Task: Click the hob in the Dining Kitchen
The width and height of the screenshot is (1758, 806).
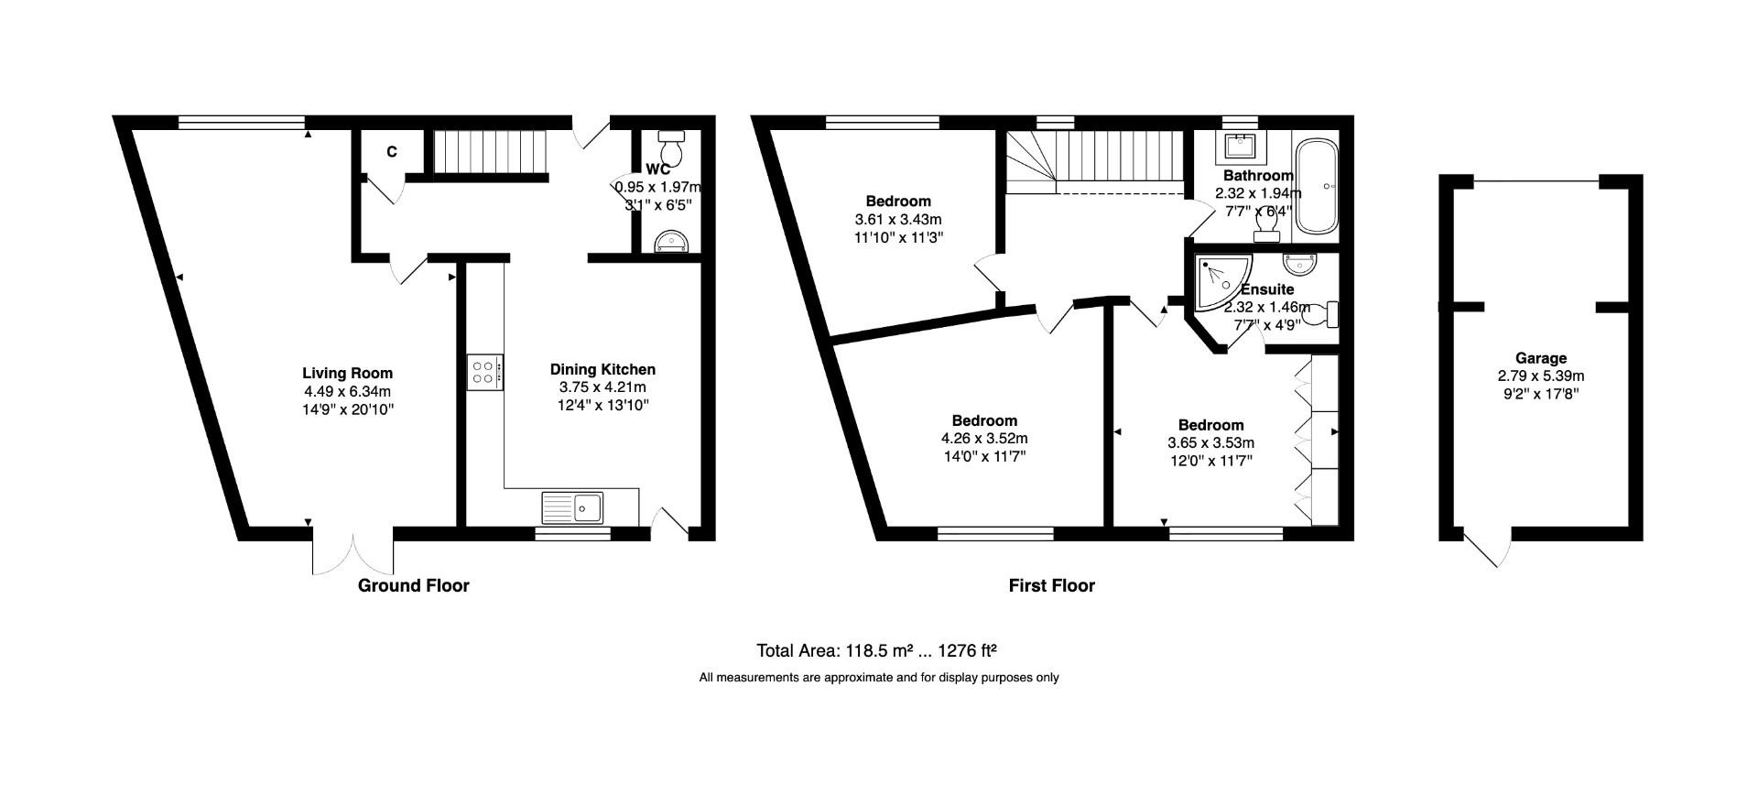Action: (484, 372)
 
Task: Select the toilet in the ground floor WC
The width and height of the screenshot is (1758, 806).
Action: (671, 146)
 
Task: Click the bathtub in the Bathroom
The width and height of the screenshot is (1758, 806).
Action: (1317, 186)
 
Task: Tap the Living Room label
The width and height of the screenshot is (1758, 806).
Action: (347, 373)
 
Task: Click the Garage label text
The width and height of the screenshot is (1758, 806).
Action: (1541, 358)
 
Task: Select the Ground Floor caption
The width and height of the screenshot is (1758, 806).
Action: (413, 585)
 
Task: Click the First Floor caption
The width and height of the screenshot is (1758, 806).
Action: (1051, 585)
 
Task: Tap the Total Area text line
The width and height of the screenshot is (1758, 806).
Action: (875, 651)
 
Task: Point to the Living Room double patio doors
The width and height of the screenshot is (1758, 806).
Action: (353, 551)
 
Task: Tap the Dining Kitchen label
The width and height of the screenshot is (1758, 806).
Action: (602, 369)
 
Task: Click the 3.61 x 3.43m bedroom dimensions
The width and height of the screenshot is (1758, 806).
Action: (897, 220)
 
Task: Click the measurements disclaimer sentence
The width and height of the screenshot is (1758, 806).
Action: (878, 678)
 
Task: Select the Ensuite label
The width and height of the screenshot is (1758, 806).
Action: (1267, 289)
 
